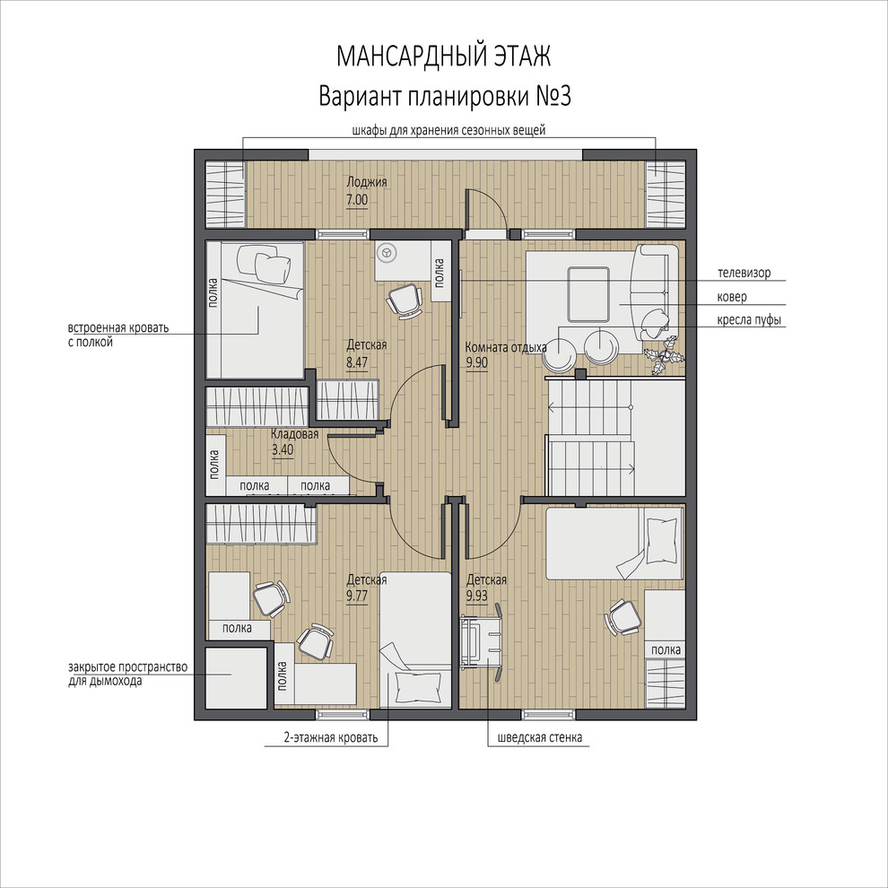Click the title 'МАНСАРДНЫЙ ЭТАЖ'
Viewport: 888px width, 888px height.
[x=443, y=57]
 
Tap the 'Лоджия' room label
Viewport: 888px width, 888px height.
[x=367, y=182]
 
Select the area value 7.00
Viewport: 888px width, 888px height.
[x=357, y=200]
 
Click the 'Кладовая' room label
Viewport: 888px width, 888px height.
[x=294, y=434]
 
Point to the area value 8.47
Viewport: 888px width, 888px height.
[x=357, y=362]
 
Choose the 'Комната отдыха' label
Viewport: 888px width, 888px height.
[x=506, y=347]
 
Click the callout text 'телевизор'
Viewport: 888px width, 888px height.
[x=744, y=273]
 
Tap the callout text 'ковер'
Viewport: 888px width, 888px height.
[x=732, y=297]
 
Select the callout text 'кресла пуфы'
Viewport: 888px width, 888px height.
[x=749, y=320]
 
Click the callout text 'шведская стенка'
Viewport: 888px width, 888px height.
[x=540, y=738]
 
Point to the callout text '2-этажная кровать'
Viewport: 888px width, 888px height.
[x=330, y=738]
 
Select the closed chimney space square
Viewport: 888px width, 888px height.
[x=236, y=677]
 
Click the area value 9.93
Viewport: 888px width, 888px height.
[x=477, y=596]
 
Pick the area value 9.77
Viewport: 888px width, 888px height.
[x=357, y=596]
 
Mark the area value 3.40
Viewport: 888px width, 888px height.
[x=283, y=450]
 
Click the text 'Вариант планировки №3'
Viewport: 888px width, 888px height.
[x=445, y=96]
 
